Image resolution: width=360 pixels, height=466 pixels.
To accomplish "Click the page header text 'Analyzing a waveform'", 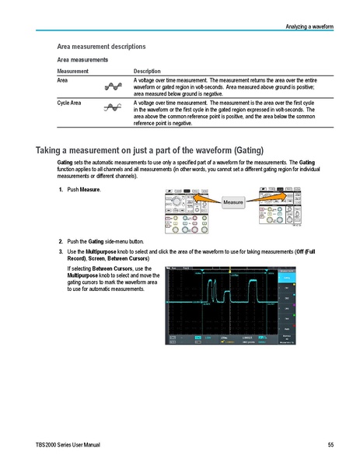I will (308, 27).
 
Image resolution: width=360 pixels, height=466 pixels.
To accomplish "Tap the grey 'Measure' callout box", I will (234, 202).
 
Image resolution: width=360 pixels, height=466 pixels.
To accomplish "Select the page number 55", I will (330, 444).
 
